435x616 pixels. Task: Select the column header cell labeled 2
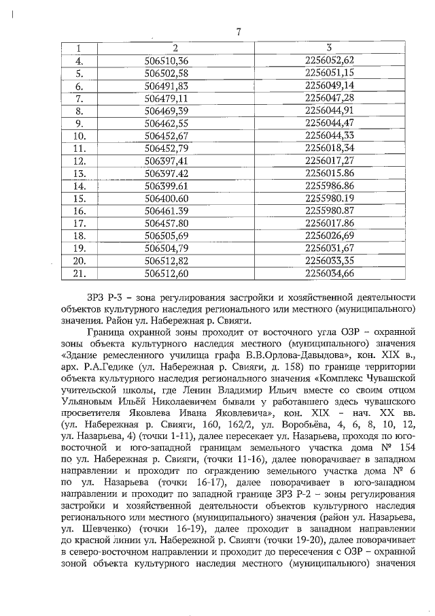point(175,48)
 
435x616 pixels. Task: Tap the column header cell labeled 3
point(329,48)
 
